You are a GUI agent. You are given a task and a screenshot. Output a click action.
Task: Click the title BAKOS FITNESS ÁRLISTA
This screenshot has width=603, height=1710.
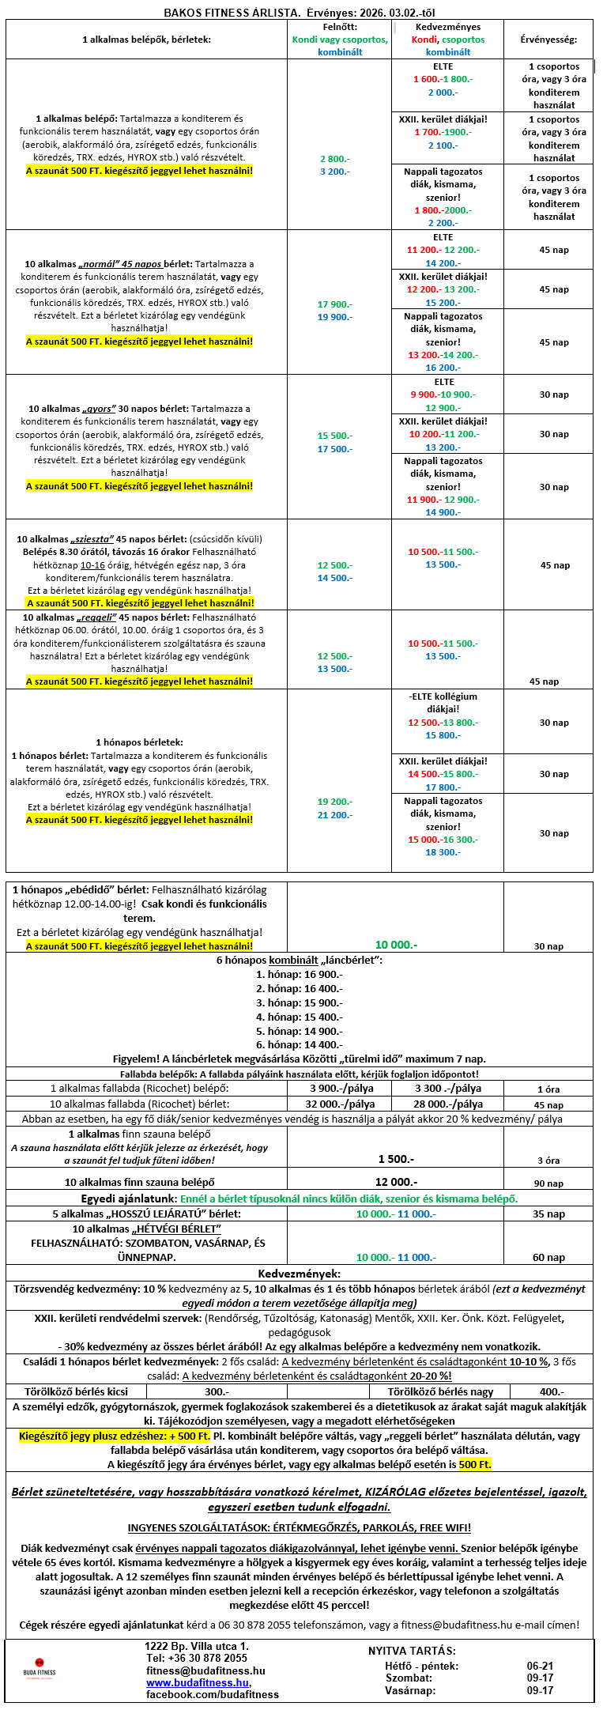coord(232,13)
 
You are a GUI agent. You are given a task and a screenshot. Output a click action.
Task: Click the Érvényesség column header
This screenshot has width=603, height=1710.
coord(548,40)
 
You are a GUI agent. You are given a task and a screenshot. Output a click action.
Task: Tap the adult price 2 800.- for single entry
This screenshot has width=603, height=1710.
coord(334,159)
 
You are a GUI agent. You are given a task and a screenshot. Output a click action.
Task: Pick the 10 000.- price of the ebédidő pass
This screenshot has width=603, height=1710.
coord(396,945)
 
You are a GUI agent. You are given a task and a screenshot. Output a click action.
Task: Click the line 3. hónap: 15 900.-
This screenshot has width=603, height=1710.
coord(299,1002)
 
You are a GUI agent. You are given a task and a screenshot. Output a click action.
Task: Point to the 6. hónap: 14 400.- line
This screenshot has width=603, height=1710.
coord(299,1044)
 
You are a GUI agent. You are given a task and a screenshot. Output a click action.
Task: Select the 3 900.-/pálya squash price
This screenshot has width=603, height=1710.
coord(340,1088)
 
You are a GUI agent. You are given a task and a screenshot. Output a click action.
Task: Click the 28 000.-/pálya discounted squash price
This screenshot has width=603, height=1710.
coord(448,1104)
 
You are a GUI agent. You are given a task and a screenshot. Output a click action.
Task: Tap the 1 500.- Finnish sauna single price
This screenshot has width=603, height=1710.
coord(396,1159)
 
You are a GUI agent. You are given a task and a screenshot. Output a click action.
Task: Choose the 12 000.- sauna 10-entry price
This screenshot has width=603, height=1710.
coord(396,1182)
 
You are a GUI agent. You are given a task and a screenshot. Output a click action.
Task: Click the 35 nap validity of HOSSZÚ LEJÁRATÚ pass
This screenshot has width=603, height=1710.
coord(548,1214)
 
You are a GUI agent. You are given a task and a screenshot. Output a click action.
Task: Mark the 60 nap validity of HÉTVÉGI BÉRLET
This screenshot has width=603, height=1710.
coord(548,1257)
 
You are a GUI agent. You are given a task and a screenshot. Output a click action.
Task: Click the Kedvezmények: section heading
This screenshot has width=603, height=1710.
coord(300,1274)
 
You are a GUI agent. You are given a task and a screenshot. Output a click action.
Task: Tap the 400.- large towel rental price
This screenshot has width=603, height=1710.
coord(552,1391)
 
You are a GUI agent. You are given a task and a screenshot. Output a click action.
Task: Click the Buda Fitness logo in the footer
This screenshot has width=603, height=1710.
coord(39,1667)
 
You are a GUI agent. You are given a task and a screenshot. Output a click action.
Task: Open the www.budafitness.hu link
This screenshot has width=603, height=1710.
coord(198,1683)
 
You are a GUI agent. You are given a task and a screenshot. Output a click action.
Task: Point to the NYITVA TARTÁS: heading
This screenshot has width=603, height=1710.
coord(412,1651)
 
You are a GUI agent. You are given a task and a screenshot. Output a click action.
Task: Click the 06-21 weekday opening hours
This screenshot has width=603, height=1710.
coord(540,1666)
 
